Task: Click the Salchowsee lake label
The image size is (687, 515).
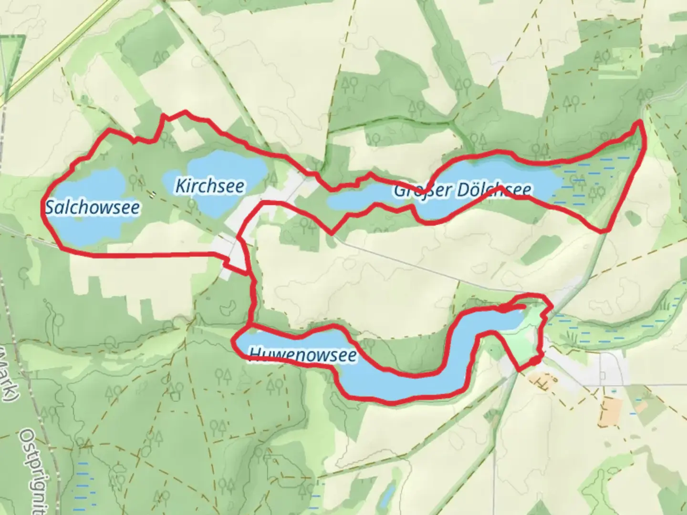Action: tap(93, 207)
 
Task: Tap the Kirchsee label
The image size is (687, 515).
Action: tap(210, 186)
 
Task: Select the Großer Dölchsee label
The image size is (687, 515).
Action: tap(462, 190)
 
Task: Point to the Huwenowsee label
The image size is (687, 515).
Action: tap(302, 355)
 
